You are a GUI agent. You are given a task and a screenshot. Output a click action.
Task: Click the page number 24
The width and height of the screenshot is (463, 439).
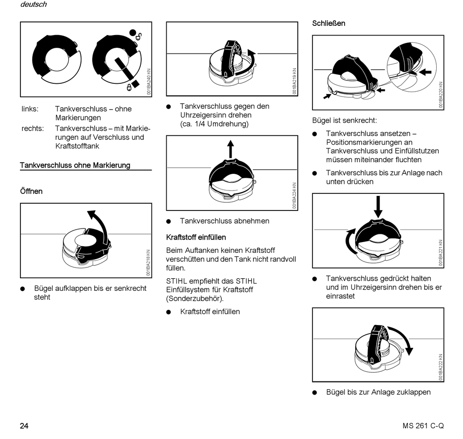[x=24, y=425]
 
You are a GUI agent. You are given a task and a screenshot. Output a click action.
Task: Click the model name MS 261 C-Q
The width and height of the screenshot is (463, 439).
[x=423, y=425]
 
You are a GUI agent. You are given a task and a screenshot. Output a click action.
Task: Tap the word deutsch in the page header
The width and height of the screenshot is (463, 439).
[x=34, y=4]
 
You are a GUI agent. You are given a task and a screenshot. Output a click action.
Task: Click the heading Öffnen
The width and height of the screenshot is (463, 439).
[x=31, y=191]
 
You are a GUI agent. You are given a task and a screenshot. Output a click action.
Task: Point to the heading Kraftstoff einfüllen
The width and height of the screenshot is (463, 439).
[x=196, y=237]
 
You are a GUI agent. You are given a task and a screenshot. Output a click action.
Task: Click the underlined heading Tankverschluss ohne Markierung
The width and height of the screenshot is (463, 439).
[x=75, y=165]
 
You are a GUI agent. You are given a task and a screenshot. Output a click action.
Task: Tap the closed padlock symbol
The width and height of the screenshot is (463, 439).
[x=129, y=87]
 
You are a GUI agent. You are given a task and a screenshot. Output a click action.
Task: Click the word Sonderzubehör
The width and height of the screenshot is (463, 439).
[x=195, y=299]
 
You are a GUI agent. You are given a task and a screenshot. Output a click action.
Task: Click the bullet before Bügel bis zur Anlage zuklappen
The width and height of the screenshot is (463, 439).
[x=315, y=393]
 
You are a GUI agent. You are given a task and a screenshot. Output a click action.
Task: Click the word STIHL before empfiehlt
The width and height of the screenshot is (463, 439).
[x=177, y=281]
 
